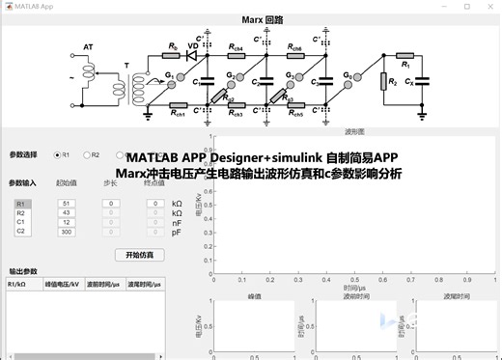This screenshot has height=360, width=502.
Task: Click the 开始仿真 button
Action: (x=139, y=255)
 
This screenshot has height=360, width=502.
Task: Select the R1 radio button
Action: (x=58, y=154)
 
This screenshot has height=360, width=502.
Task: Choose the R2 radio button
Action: (x=87, y=154)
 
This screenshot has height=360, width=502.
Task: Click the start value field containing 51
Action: (x=66, y=204)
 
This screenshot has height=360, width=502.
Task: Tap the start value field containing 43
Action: (x=66, y=213)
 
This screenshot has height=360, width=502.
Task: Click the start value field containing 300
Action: (x=66, y=232)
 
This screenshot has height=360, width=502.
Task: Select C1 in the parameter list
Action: (x=21, y=223)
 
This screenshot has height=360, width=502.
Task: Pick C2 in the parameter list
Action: (x=21, y=232)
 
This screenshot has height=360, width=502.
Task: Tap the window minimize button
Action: (x=441, y=6)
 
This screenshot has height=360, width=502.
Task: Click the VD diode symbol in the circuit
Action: (x=191, y=54)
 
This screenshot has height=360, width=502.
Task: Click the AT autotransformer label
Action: (x=89, y=46)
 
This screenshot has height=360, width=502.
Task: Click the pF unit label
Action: (x=177, y=232)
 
